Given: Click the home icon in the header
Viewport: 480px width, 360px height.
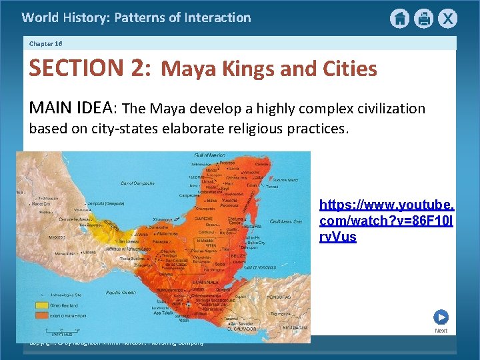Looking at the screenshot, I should (x=399, y=19).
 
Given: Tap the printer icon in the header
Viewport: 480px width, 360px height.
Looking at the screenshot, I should (x=423, y=19).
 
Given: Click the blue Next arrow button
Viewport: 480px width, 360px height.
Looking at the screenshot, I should (x=441, y=317).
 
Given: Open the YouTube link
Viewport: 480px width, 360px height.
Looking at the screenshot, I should (x=386, y=221).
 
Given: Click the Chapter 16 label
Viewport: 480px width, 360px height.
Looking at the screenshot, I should (x=46, y=43).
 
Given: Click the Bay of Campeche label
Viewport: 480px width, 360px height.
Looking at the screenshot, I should (x=138, y=183).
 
